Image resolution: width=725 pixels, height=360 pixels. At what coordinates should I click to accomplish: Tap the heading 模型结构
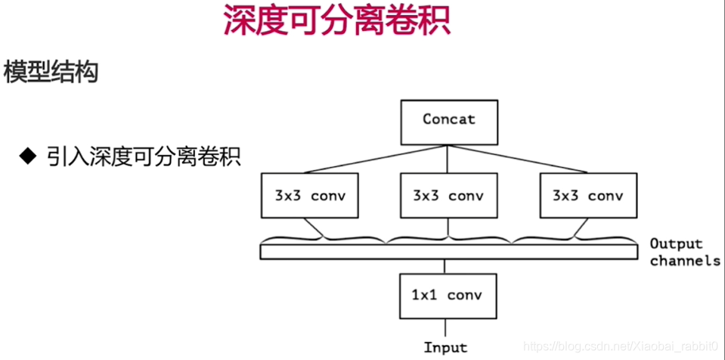pos(51,73)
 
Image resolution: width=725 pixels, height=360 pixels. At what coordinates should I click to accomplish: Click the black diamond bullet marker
pos(28,157)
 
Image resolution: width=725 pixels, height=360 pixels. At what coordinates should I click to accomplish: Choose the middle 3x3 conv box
pos(448,196)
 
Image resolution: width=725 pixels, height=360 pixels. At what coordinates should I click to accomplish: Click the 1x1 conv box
pos(449,296)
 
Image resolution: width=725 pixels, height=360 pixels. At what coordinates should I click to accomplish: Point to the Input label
pos(445,348)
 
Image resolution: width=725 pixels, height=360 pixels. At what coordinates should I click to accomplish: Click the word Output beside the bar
pos(676,244)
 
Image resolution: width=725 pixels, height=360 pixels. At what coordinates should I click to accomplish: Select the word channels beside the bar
pos(685,261)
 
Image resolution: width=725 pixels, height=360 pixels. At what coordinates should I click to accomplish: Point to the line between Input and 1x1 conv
pos(448,329)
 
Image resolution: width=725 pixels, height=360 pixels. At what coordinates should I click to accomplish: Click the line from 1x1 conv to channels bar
pos(448,265)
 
